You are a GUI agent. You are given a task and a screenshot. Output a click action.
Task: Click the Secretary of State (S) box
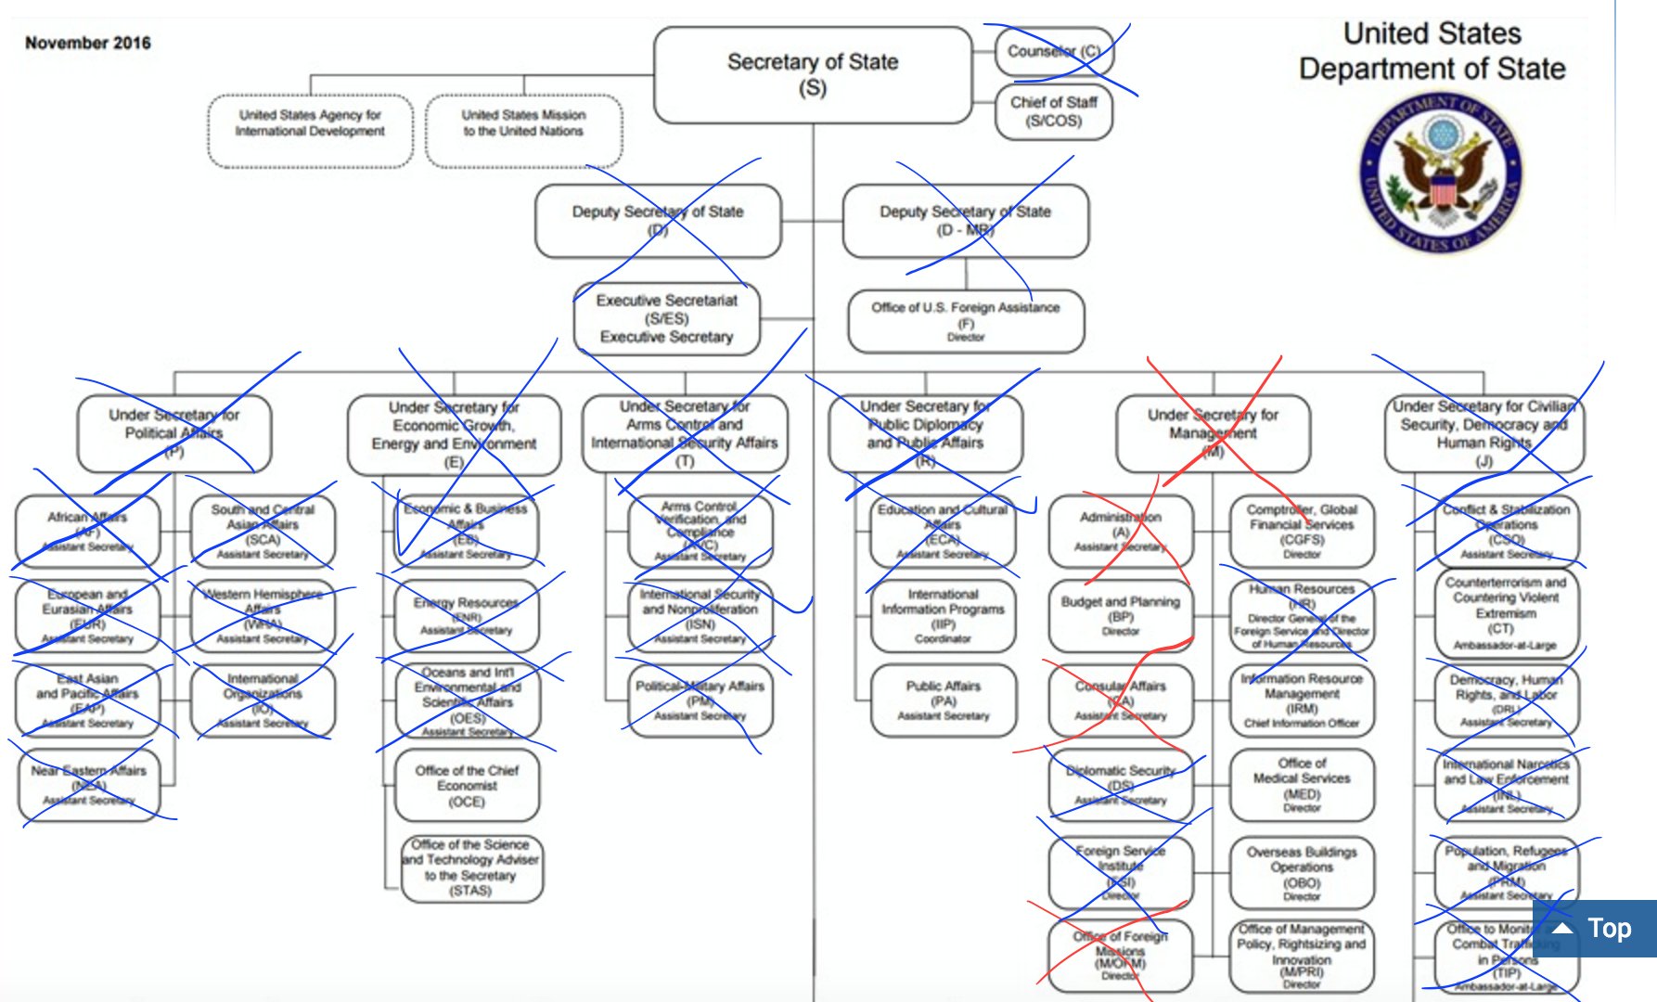pos(813,74)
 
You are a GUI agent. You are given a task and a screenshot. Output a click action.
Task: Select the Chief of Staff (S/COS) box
pos(1054,111)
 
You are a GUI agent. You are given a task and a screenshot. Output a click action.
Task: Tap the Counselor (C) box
pos(1054,52)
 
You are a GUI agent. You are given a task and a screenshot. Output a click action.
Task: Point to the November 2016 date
pos(87,43)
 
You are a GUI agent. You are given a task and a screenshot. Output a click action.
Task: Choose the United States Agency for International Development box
pos(310,130)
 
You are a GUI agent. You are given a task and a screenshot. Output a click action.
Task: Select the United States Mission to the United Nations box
pos(524,130)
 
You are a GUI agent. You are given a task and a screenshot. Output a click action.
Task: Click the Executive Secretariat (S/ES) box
pos(667,318)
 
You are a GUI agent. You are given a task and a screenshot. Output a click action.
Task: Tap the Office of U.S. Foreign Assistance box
pos(966,321)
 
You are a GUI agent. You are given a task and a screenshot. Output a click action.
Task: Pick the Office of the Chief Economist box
pos(467,786)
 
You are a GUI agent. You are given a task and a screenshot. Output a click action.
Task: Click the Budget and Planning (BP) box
pos(1121,616)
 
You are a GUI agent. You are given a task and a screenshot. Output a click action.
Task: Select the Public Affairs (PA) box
pos(944,700)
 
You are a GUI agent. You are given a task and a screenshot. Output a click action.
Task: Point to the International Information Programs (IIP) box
pos(944,616)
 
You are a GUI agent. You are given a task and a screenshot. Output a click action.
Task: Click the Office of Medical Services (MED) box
pos(1302,785)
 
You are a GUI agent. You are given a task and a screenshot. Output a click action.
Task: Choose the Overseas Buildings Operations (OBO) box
pos(1302,872)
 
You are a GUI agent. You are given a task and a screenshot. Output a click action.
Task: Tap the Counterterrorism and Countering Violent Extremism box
pos(1506,612)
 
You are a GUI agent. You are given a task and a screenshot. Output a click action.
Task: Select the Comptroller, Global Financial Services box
pos(1302,531)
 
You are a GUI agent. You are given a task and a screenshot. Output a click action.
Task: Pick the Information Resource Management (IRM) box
pos(1302,700)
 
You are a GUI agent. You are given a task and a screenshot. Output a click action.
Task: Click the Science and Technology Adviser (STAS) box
pos(471,868)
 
